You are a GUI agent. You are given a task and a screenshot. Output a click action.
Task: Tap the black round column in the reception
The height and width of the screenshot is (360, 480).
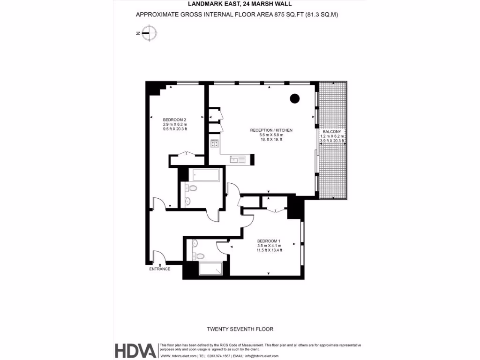294,98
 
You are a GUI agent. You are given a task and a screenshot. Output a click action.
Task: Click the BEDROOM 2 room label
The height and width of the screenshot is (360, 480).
174,120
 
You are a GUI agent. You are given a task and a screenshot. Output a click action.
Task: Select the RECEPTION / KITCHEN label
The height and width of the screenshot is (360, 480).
271,130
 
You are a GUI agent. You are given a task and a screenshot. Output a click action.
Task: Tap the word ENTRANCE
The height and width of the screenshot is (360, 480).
159,269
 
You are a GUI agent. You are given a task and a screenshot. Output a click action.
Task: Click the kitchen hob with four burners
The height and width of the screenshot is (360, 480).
215,144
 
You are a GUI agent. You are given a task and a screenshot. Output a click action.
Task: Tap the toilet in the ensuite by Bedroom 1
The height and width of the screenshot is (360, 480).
199,256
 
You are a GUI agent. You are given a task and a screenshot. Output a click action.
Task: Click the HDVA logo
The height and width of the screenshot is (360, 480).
135,351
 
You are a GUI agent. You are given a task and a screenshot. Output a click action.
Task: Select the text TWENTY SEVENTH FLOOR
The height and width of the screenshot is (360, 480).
240,329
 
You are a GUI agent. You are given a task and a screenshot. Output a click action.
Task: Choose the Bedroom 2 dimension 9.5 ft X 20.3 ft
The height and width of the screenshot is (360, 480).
174,129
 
